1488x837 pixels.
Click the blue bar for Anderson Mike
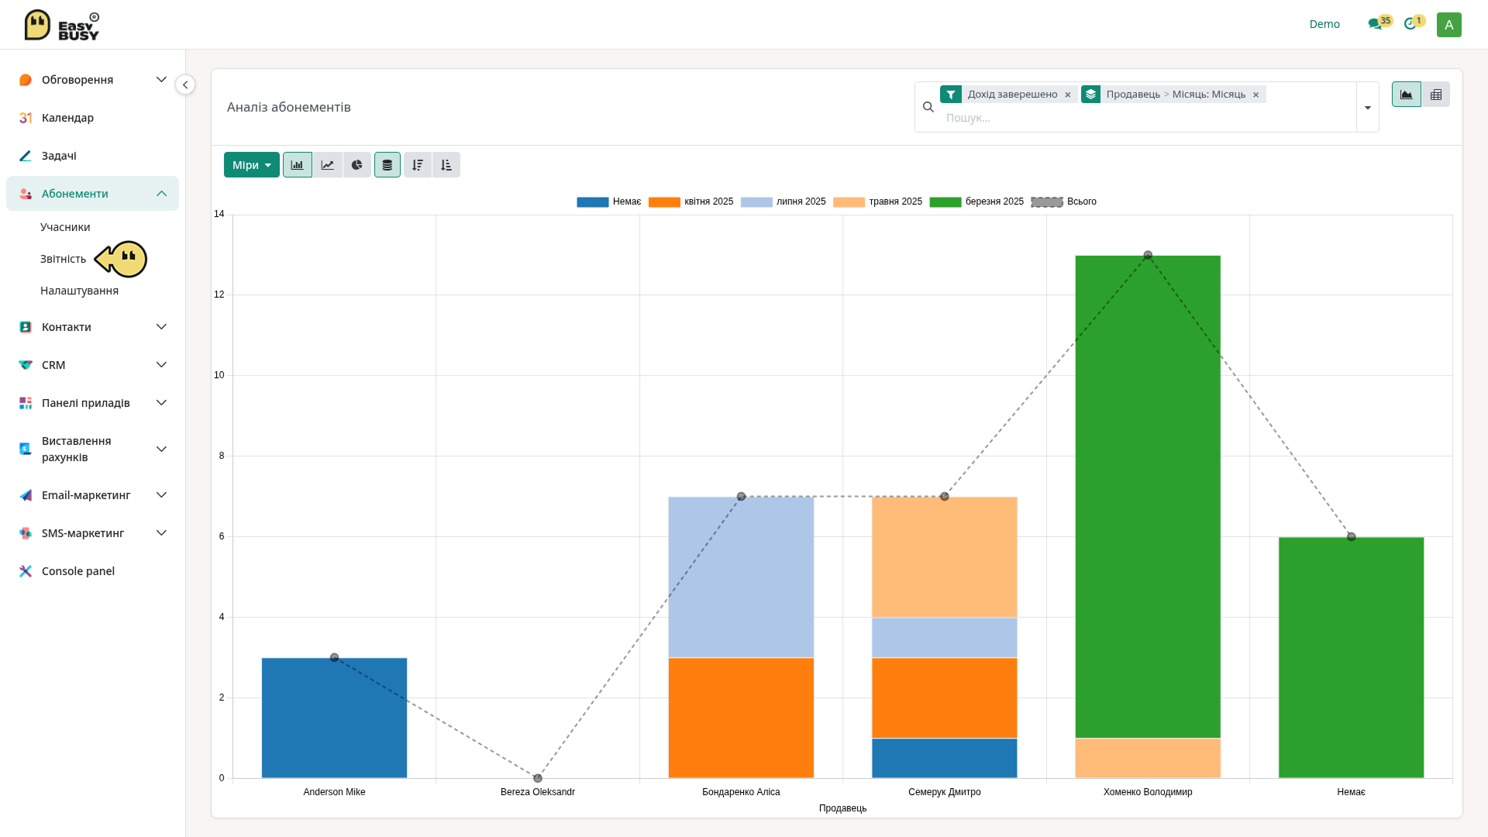[334, 718]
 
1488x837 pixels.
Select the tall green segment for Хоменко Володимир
[1148, 497]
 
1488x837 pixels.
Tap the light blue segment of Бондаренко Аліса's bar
[741, 577]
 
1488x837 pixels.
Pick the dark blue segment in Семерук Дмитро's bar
[944, 758]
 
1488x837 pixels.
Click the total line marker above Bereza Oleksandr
[538, 778]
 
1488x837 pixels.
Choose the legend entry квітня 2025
[691, 201]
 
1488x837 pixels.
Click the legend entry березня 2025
[976, 201]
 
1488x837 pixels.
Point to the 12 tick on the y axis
[219, 294]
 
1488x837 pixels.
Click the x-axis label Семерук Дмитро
[944, 792]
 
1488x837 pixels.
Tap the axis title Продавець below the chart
[842, 808]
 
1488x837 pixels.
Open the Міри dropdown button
[252, 165]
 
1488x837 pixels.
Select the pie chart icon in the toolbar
[356, 165]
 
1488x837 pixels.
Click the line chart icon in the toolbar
[327, 165]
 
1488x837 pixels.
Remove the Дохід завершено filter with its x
[1067, 95]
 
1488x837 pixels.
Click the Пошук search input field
[1147, 118]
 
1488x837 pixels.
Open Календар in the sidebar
[67, 118]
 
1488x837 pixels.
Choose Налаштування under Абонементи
[79, 291]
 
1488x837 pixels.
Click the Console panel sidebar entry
[78, 571]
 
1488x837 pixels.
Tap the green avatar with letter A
[1448, 25]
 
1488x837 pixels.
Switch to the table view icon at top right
[1435, 95]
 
